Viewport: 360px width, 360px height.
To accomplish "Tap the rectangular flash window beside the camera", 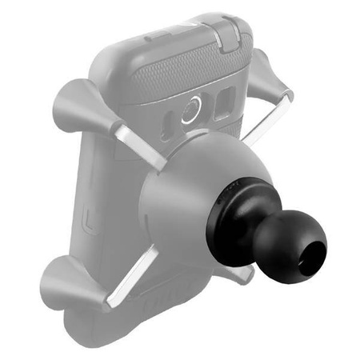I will click(x=227, y=105).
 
